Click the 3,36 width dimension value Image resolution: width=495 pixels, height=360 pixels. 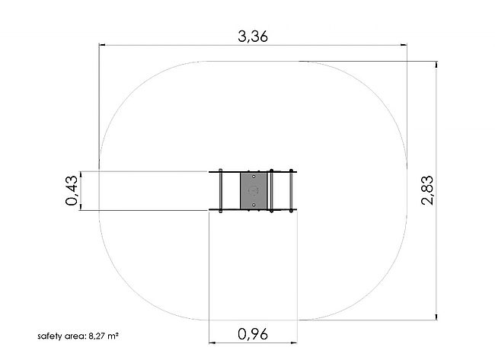click(253, 37)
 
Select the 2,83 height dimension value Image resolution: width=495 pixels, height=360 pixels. click(427, 190)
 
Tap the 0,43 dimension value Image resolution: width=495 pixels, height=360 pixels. click(72, 190)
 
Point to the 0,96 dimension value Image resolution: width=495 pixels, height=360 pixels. click(253, 334)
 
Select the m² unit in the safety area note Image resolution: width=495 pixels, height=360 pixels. click(113, 336)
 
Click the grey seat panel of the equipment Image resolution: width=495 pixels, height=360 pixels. click(254, 190)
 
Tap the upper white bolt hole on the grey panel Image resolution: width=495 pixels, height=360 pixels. click(254, 177)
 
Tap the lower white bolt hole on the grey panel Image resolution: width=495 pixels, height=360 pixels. click(254, 205)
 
